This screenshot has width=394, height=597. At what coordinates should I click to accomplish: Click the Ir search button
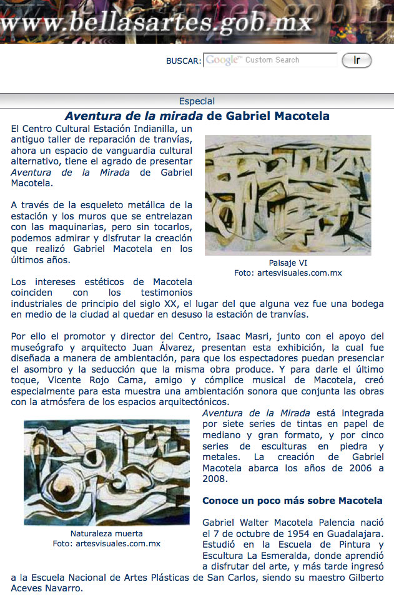pyautogui.click(x=357, y=60)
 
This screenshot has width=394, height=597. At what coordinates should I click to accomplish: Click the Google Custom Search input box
pyautogui.click(x=270, y=60)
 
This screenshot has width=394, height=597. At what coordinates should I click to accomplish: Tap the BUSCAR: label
pyautogui.click(x=184, y=61)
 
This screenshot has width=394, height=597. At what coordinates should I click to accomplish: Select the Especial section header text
pyautogui.click(x=197, y=101)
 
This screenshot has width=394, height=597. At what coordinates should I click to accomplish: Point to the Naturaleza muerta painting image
pyautogui.click(x=107, y=472)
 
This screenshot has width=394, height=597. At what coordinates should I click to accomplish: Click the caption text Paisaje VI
pyautogui.click(x=288, y=263)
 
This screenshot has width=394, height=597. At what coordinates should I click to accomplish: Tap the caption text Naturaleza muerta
pyautogui.click(x=107, y=533)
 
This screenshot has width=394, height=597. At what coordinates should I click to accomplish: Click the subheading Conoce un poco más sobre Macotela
pyautogui.click(x=292, y=501)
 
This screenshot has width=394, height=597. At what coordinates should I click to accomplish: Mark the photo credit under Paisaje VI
pyautogui.click(x=288, y=273)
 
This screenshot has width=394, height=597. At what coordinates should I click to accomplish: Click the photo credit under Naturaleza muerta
pyautogui.click(x=107, y=544)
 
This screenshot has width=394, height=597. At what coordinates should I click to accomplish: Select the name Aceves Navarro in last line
pyautogui.click(x=47, y=588)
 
